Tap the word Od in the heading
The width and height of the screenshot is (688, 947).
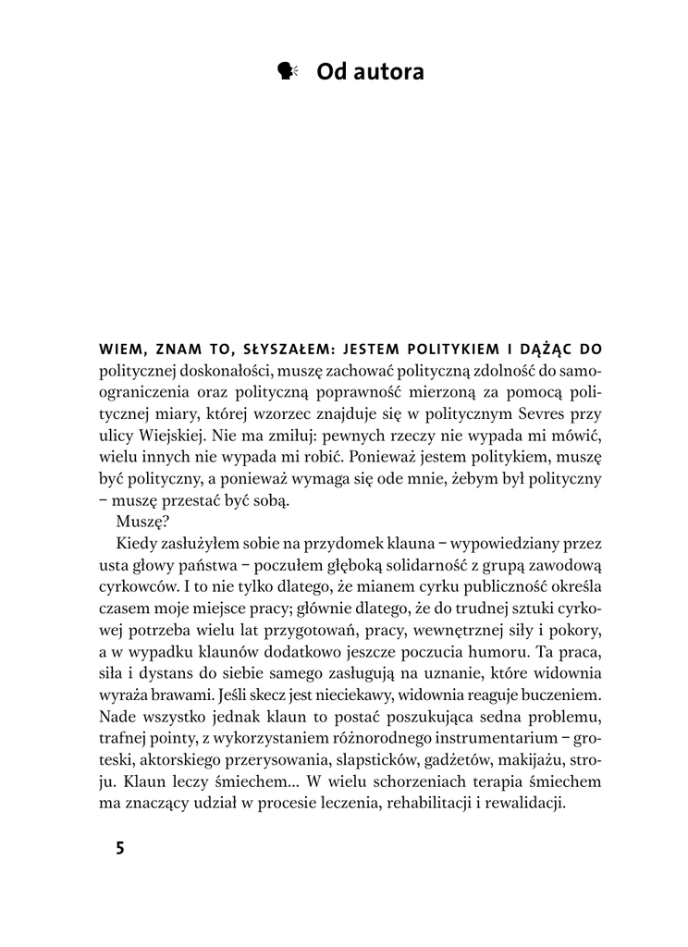(x=331, y=71)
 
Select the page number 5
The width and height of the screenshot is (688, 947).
(x=119, y=849)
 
